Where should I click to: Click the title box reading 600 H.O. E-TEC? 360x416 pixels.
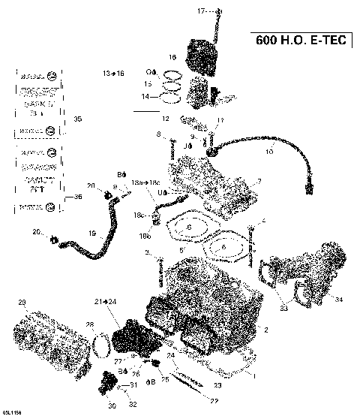(298, 40)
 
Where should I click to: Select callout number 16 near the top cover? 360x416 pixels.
(172, 57)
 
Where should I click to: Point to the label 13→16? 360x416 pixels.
(114, 73)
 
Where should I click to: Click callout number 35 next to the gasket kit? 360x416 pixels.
(77, 119)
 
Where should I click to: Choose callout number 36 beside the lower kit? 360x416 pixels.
(77, 197)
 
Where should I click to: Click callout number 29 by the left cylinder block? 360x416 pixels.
(22, 303)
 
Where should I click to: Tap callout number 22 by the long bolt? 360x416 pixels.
(202, 401)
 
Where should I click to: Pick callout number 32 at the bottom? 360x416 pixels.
(133, 405)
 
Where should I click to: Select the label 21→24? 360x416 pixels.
(105, 301)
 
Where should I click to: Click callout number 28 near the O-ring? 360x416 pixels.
(89, 324)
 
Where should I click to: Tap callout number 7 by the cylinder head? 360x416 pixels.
(259, 181)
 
